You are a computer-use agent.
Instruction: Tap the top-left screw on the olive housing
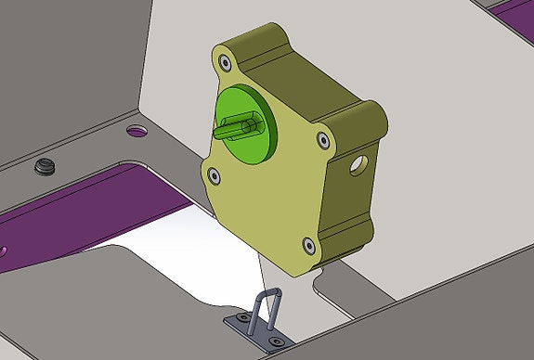225,63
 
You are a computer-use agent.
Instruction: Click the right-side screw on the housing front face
322,140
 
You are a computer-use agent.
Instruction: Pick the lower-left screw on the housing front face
214,174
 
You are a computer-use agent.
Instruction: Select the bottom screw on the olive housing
309,246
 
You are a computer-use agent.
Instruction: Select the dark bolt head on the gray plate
45,167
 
